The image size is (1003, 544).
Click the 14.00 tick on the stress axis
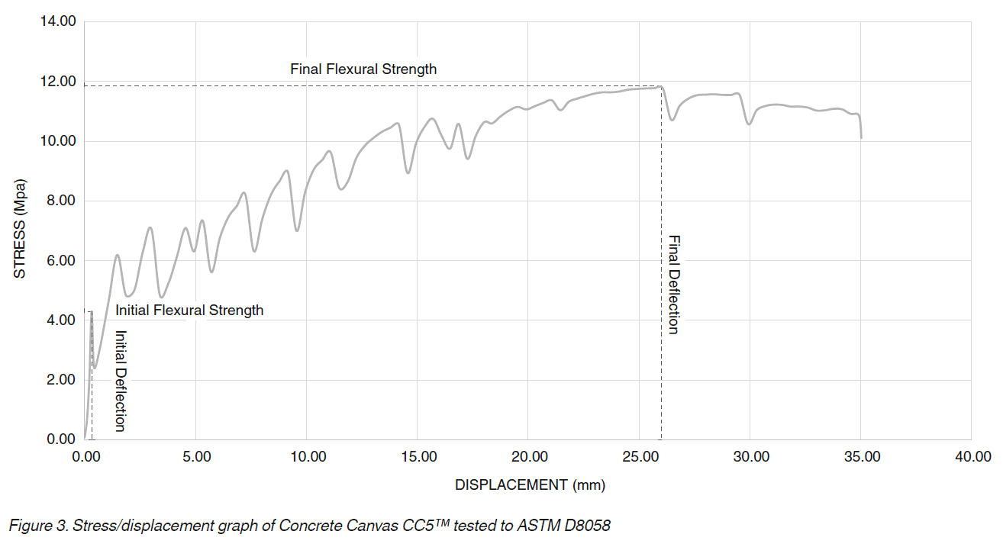57,21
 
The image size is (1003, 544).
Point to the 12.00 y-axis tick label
57,82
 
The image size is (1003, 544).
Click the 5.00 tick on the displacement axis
195,457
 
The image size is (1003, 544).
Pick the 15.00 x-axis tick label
418,457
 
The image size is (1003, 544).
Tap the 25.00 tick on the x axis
639,457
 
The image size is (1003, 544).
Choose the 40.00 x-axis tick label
972,457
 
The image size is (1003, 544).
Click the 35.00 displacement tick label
861,457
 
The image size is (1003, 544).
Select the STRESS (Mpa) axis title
21,230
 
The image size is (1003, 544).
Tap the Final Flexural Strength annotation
363,69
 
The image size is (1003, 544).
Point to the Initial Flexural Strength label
189,311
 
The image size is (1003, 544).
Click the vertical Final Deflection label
673,284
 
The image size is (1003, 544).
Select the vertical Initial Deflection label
119,381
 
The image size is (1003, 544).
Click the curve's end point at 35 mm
861,137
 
